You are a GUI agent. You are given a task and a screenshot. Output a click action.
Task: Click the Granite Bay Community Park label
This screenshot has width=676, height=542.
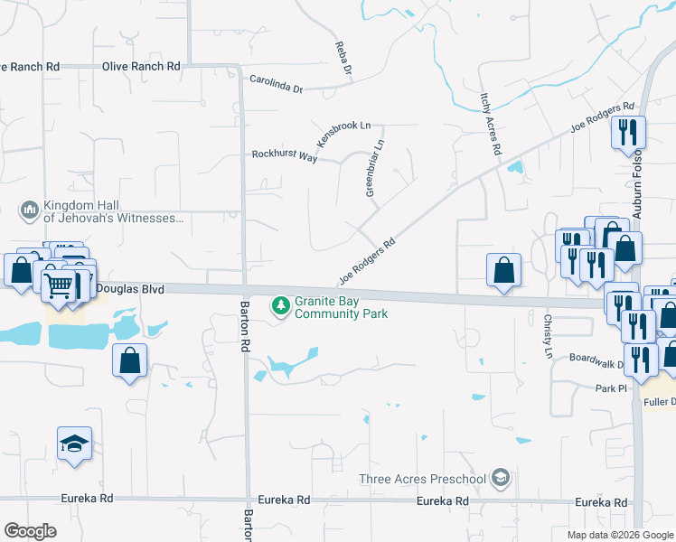click(341, 307)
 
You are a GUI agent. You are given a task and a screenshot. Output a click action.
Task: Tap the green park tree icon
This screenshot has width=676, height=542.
click(281, 307)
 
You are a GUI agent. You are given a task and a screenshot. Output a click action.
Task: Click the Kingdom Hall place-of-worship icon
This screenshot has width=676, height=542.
click(28, 211)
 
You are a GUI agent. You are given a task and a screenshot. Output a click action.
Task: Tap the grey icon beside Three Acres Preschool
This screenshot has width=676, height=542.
click(500, 478)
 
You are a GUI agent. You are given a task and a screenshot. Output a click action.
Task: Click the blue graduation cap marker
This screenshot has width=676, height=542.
click(74, 444)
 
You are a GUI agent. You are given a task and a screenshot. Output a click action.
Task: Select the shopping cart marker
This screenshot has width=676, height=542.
click(59, 285)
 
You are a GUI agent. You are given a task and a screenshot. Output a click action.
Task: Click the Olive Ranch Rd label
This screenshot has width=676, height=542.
click(141, 66)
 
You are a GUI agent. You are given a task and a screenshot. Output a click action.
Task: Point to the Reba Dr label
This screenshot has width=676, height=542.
click(343, 57)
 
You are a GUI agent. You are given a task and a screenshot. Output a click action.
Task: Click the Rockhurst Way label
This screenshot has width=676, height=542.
click(284, 156)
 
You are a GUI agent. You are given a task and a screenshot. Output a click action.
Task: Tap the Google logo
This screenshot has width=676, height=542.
click(31, 531)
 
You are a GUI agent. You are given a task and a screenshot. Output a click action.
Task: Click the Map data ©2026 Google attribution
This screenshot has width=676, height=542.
click(619, 535)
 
